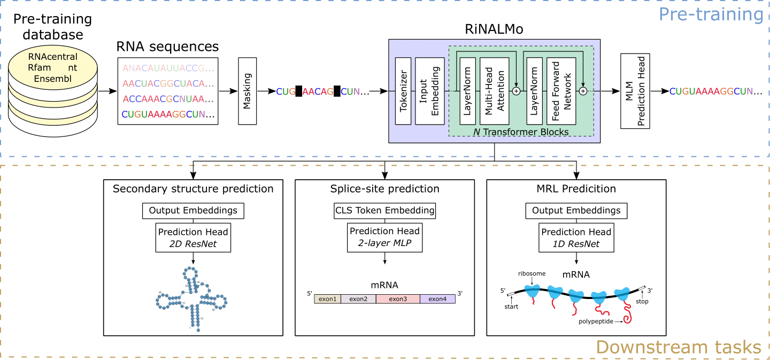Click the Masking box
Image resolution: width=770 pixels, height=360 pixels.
tap(247, 91)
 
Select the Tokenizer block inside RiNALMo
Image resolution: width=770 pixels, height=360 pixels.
tap(404, 91)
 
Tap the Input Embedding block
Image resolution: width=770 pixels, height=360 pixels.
tap(430, 91)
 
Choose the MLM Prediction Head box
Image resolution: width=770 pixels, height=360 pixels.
tap(635, 91)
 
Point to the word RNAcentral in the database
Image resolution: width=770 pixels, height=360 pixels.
tap(52, 57)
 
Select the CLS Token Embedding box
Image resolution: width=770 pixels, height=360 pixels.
tap(385, 210)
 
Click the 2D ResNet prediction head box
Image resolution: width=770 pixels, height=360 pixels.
tap(193, 238)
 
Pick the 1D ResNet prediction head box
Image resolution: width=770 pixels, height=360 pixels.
tap(576, 238)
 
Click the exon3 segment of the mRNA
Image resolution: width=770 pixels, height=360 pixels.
tap(398, 298)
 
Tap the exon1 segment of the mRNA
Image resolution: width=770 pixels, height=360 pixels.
tap(327, 298)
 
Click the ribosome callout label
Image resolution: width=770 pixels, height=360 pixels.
tap(532, 274)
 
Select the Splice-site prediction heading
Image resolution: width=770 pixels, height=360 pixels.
tap(385, 189)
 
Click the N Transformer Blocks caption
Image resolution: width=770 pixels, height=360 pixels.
tap(521, 132)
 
